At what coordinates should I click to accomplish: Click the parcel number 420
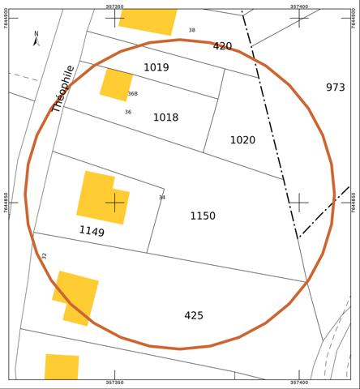coord(222,46)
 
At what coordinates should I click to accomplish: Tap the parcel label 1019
coord(156,67)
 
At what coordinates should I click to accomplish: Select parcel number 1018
coord(165,118)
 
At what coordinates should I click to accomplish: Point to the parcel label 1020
coord(242,140)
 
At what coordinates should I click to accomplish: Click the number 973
coord(335,88)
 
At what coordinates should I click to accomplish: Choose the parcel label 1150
coord(203,216)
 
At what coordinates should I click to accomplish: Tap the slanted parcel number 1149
coord(92,232)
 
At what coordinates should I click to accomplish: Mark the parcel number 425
coord(194,315)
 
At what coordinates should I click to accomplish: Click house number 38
coord(192,31)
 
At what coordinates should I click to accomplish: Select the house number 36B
coord(132,94)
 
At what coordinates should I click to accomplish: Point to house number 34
coord(161,198)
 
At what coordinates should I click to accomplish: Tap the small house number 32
coord(45,256)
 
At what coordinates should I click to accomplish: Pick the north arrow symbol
coord(36,38)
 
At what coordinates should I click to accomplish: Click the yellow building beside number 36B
coord(116,83)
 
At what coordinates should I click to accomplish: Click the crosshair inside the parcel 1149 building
coord(115,201)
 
